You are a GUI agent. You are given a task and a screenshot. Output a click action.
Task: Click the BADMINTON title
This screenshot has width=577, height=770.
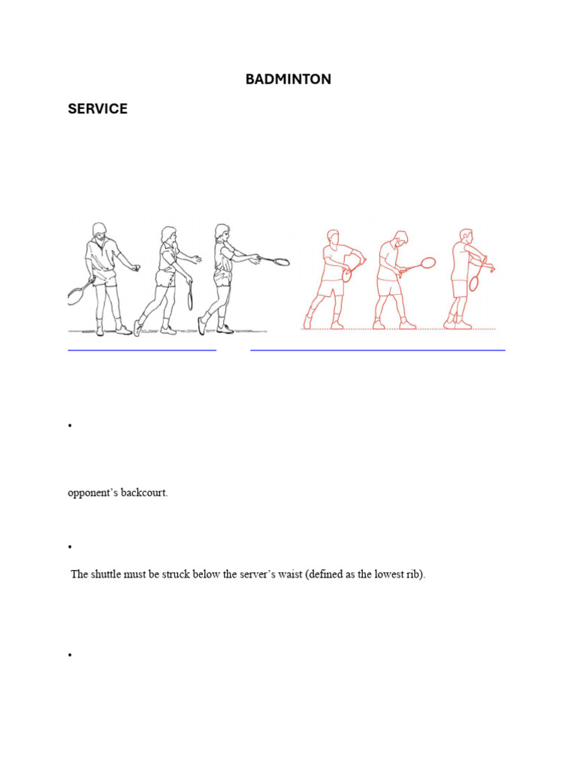pyautogui.click(x=288, y=79)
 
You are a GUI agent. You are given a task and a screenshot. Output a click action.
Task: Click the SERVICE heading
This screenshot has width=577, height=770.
pyautogui.click(x=98, y=108)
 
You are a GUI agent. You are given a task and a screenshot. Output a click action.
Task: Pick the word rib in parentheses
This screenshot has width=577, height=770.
pyautogui.click(x=415, y=574)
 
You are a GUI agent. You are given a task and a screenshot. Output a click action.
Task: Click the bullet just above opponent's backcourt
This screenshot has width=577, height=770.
pyautogui.click(x=70, y=426)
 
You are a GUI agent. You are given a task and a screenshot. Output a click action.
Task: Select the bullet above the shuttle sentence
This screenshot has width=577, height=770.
pyautogui.click(x=70, y=547)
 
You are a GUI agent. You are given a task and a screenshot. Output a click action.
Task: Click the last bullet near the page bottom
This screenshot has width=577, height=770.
pyautogui.click(x=70, y=655)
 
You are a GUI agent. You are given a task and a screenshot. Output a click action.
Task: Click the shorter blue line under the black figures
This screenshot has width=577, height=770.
pyautogui.click(x=142, y=350)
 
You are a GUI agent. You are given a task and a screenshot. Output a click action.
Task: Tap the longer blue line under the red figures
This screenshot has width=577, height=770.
pyautogui.click(x=378, y=350)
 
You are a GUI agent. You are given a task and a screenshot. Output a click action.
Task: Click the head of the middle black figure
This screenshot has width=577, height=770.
pyautogui.click(x=169, y=235)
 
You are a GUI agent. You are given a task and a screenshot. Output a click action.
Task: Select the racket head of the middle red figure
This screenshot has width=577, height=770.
pyautogui.click(x=428, y=262)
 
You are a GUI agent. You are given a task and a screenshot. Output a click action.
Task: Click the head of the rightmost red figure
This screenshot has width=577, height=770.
pyautogui.click(x=466, y=235)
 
